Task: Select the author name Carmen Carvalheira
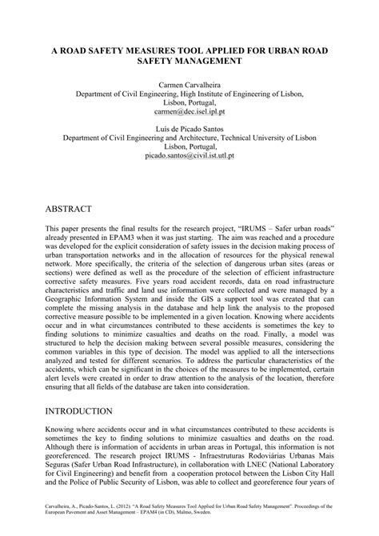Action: [189, 83]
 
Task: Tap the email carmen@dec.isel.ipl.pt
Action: [189, 115]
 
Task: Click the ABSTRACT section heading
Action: [70, 208]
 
